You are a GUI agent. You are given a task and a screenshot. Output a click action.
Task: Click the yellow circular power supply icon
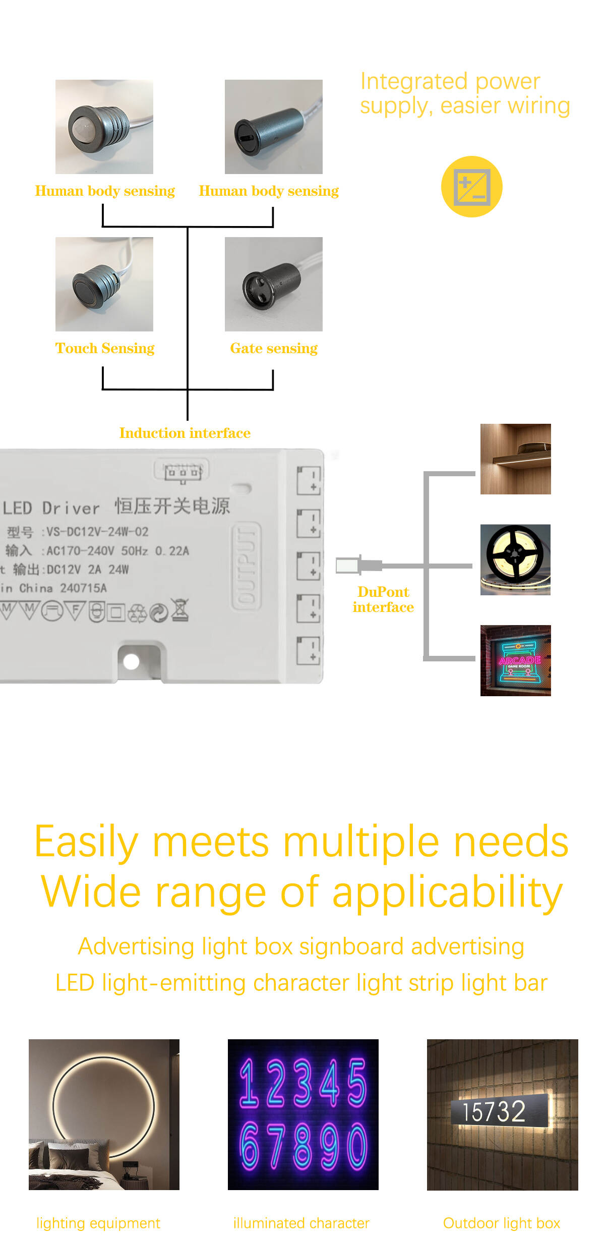(x=471, y=187)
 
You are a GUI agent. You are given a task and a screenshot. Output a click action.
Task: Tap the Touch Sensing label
(x=105, y=348)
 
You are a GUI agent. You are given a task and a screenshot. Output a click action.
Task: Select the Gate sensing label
(x=274, y=348)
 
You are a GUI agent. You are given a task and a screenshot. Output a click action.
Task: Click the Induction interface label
(x=185, y=433)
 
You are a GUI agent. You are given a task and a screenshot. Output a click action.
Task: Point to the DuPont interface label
(x=383, y=599)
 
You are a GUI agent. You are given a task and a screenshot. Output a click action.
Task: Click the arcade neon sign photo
(x=515, y=660)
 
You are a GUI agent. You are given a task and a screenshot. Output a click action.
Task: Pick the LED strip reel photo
(x=515, y=559)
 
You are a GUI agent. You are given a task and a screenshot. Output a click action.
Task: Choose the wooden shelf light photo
(x=515, y=459)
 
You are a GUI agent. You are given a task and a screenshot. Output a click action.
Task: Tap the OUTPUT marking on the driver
(x=246, y=566)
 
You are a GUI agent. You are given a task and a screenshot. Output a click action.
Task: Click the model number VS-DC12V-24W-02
(x=97, y=532)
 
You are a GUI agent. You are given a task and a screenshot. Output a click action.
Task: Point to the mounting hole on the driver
(x=131, y=661)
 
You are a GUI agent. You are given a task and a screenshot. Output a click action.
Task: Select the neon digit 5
(x=356, y=1082)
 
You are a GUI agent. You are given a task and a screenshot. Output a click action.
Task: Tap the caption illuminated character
(x=301, y=1223)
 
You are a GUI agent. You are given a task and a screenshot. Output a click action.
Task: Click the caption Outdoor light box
(x=502, y=1223)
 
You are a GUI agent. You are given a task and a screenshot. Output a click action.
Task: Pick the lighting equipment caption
(x=98, y=1223)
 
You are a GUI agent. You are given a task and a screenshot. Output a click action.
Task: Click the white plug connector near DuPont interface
(x=348, y=566)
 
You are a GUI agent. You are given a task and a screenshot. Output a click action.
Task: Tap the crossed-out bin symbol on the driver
(x=180, y=610)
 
